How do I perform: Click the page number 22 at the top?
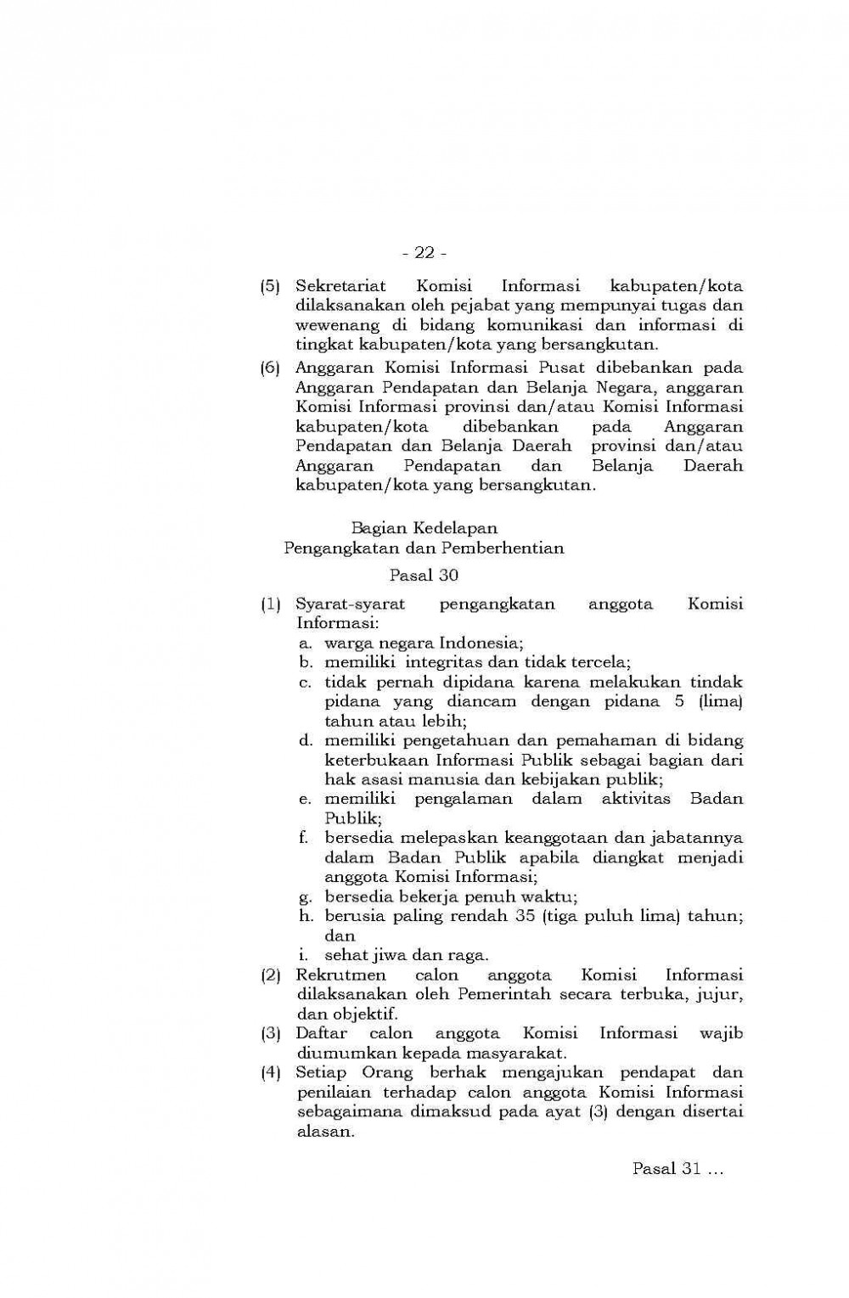(424, 253)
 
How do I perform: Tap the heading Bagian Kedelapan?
(424, 528)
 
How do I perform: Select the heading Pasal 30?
(424, 576)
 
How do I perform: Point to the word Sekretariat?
(336, 286)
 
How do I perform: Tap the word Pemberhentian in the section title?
(512, 548)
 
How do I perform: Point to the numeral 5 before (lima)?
(678, 701)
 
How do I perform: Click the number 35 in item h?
(523, 916)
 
